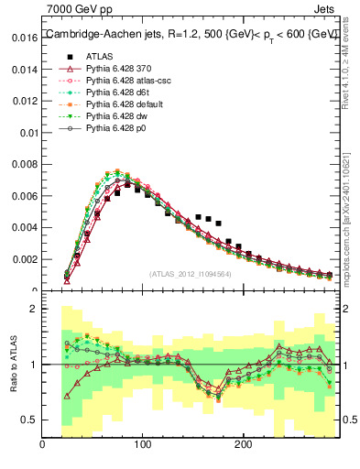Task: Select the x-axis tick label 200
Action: point(243,446)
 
